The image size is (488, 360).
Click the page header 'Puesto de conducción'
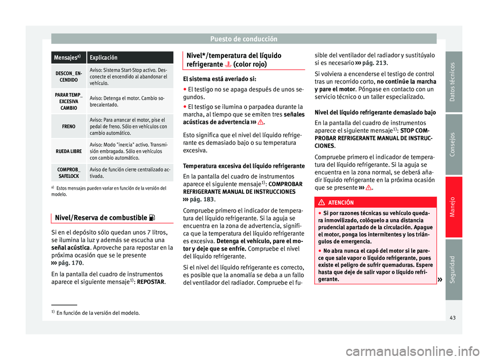(243, 39)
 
